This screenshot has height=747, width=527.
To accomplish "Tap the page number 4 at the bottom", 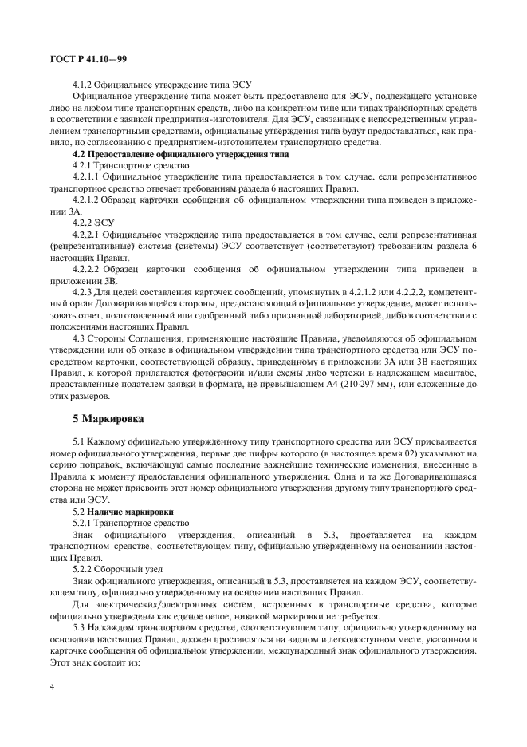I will (x=52, y=686).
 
